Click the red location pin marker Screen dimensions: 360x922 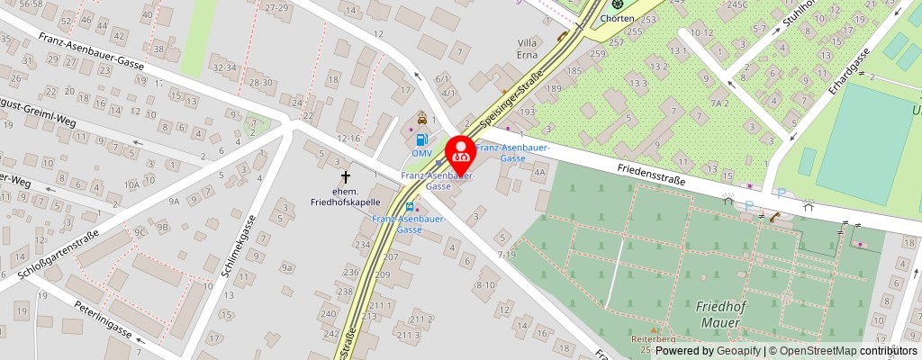[461, 154]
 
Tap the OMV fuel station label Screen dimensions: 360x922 [421, 152]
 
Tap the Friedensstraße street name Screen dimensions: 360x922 [651, 174]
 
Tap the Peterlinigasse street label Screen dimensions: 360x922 [104, 319]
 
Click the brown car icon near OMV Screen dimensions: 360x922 [421, 119]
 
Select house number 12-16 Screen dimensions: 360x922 [348, 138]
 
